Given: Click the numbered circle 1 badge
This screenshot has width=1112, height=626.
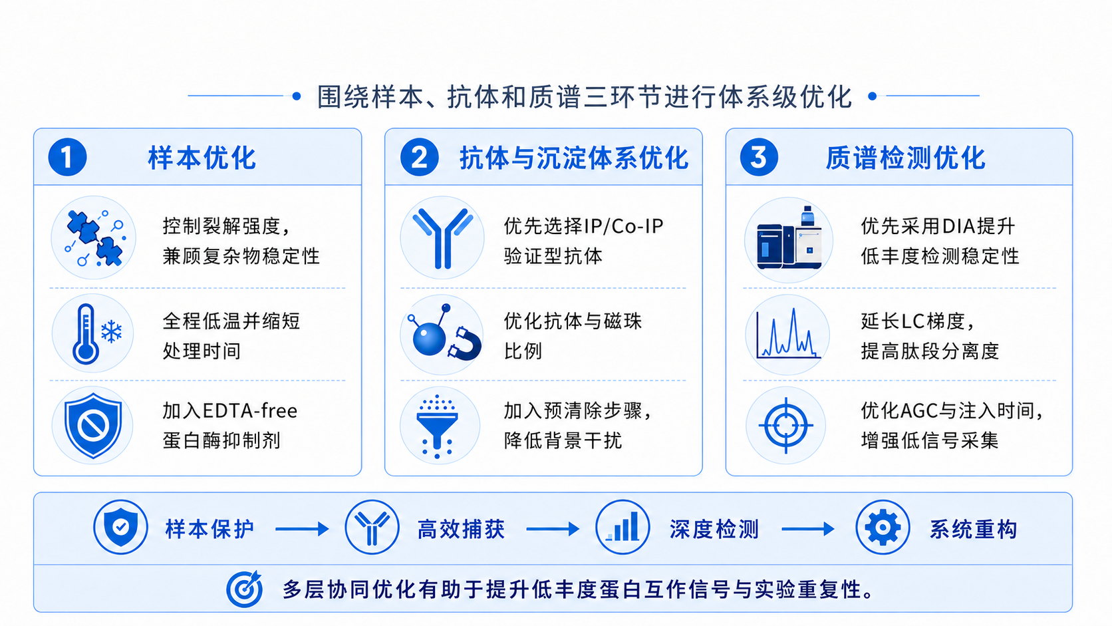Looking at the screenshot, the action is (x=68, y=157).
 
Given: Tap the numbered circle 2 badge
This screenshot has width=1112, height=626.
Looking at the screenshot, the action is (x=420, y=157).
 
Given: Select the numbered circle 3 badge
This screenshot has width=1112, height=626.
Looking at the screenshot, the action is (x=759, y=157).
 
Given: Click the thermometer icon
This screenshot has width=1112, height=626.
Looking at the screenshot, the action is (x=86, y=334).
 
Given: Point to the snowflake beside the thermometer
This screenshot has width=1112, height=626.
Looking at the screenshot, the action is (x=112, y=331).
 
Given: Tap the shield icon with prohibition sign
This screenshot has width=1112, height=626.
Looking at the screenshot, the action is (x=93, y=426).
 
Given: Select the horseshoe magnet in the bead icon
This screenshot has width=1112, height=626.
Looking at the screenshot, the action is (x=465, y=343).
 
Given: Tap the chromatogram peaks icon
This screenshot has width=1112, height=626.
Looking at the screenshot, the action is (x=788, y=333).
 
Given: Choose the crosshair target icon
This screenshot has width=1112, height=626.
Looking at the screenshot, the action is (x=786, y=426).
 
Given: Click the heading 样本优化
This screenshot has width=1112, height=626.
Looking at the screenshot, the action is (x=202, y=158).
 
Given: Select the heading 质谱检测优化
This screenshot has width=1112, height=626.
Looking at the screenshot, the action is (x=905, y=158).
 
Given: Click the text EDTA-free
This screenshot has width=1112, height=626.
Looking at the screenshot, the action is (x=249, y=411).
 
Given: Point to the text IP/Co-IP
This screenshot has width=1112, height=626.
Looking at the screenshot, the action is (x=624, y=226).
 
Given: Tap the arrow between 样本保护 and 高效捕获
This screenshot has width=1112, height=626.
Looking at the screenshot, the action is (x=302, y=529).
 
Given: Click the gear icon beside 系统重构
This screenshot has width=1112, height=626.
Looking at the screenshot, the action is (x=883, y=527).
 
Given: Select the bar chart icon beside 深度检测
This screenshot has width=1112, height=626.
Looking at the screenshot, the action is (x=623, y=527).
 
